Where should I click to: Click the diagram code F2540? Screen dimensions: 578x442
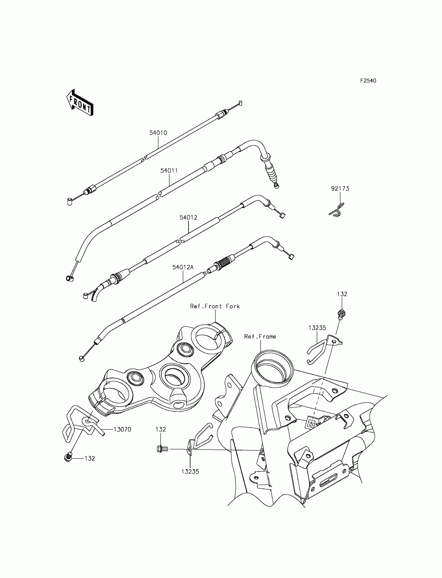(368, 81)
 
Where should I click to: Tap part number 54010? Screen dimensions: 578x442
(158, 133)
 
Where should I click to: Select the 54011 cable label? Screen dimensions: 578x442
(169, 171)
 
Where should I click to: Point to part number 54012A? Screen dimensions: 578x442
(183, 267)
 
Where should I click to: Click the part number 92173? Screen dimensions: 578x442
(340, 189)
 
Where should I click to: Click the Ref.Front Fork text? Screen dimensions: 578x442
(215, 306)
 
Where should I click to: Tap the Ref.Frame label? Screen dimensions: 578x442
(260, 336)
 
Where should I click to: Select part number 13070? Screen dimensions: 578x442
(122, 429)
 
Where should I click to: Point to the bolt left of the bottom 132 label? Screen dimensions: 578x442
(68, 458)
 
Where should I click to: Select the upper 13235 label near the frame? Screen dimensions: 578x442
(317, 328)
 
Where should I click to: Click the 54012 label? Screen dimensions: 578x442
(188, 218)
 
